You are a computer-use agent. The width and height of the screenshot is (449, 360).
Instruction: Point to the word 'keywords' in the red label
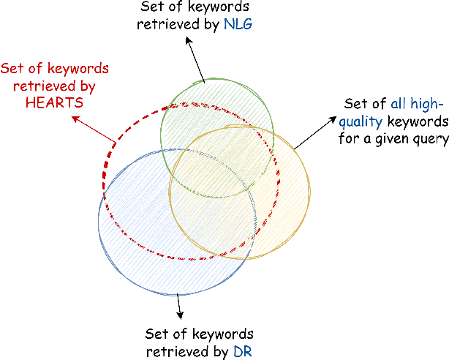click(x=83, y=70)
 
